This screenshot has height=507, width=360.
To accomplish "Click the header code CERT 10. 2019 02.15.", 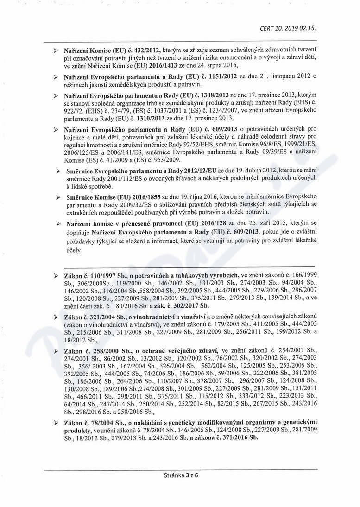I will point(288,28).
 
